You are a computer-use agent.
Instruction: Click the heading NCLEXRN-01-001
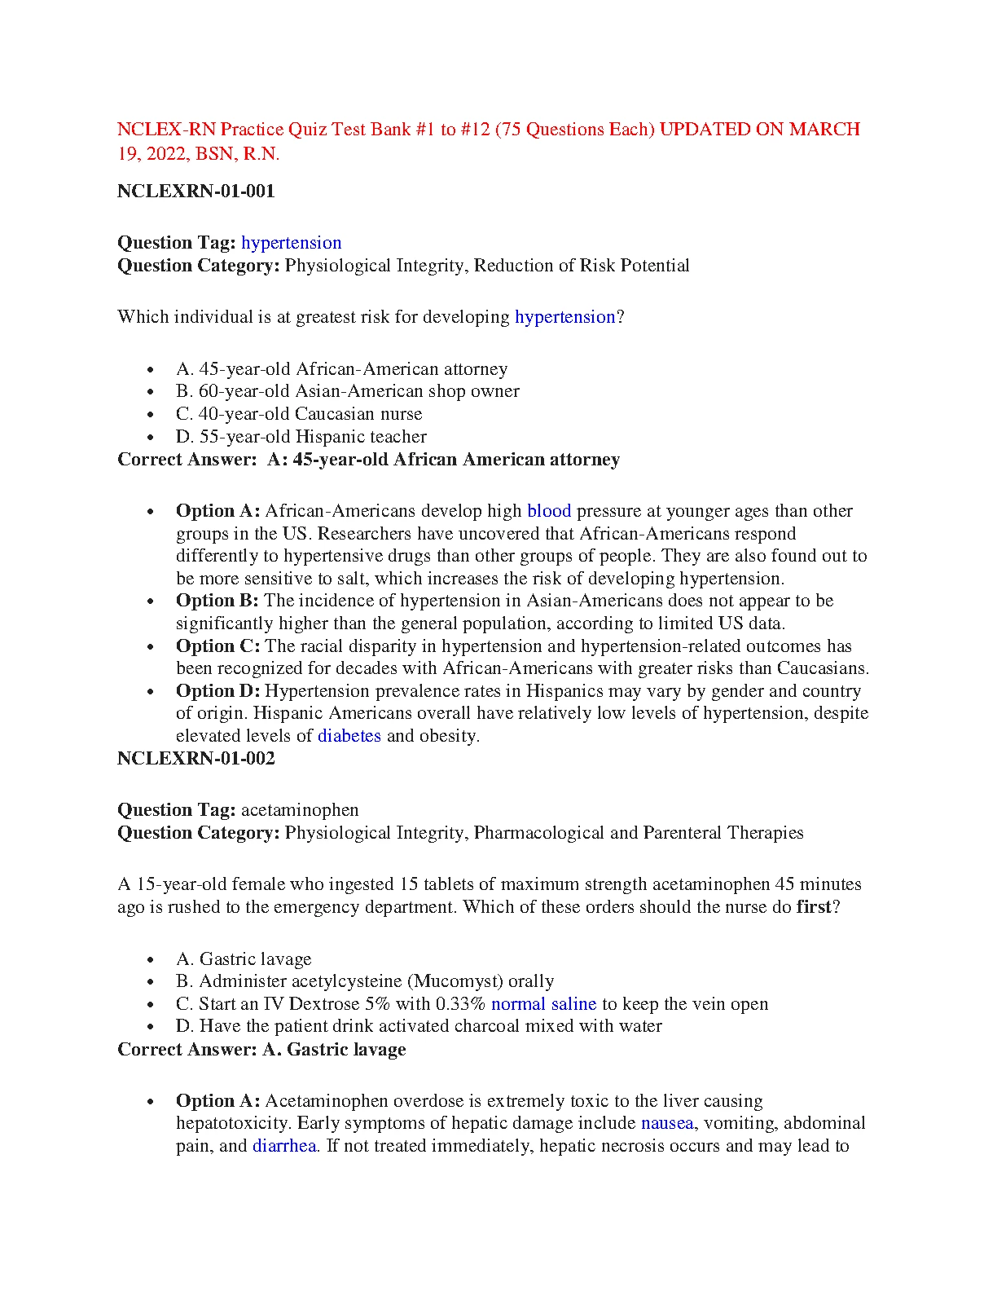(196, 192)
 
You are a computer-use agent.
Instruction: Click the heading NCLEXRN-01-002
(196, 759)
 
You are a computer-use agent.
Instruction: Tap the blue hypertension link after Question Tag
(292, 243)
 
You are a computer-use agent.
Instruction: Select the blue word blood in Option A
(549, 511)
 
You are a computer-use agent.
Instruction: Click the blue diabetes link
(349, 736)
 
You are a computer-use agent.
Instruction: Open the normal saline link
(544, 1004)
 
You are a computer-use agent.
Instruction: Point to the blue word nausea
(667, 1123)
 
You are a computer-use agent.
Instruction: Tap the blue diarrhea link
(284, 1146)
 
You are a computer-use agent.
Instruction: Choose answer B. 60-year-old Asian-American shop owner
(348, 391)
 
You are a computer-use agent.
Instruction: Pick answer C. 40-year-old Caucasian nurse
(299, 414)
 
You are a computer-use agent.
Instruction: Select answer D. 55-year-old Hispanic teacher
(301, 437)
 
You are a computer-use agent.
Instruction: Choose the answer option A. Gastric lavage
(244, 959)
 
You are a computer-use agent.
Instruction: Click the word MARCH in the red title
(825, 130)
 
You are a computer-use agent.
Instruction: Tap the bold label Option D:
(218, 691)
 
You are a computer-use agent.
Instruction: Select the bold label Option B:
(217, 601)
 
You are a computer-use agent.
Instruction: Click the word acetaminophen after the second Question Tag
(300, 810)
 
